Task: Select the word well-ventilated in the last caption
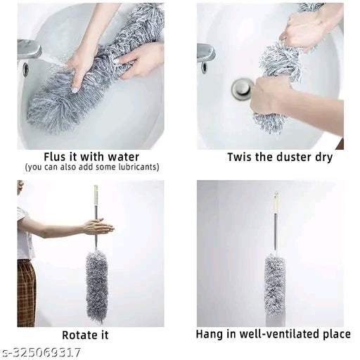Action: pyautogui.click(x=273, y=334)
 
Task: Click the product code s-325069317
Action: pyautogui.click(x=41, y=352)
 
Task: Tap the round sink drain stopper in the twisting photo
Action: pyautogui.click(x=243, y=89)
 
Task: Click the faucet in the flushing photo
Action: pyautogui.click(x=29, y=50)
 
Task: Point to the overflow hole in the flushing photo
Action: pyautogui.click(x=26, y=68)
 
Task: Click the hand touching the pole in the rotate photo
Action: pyautogui.click(x=98, y=226)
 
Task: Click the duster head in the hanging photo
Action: pyautogui.click(x=275, y=288)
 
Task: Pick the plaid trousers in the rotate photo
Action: pyautogui.click(x=26, y=293)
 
